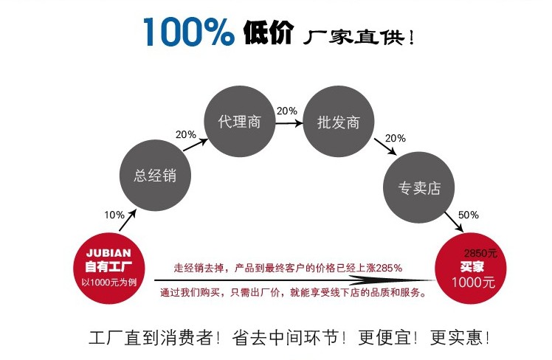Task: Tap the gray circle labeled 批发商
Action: pos(338,122)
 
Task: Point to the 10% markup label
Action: pos(114,215)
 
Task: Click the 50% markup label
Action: pos(469,215)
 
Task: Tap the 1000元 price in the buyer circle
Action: pos(472,282)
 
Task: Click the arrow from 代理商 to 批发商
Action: pos(289,122)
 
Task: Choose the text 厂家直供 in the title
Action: pos(359,35)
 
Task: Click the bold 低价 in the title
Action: pos(268,34)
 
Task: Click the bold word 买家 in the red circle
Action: pos(472,266)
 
